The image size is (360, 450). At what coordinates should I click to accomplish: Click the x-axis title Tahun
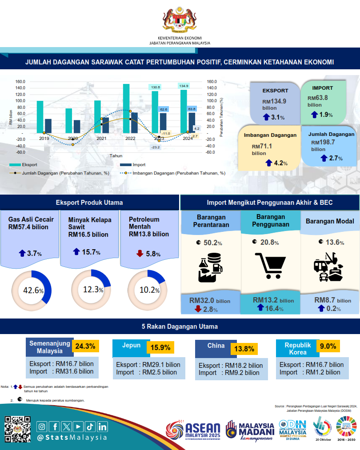click(x=116, y=156)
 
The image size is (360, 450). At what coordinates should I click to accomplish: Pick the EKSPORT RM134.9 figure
click(x=275, y=101)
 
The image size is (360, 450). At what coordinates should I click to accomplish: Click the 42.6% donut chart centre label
click(x=33, y=291)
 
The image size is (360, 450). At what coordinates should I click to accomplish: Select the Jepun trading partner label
click(x=131, y=345)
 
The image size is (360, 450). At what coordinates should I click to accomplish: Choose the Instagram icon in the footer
click(x=42, y=427)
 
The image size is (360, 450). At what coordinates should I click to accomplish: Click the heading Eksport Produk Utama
click(x=89, y=203)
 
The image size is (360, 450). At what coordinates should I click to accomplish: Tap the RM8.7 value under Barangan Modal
click(x=323, y=300)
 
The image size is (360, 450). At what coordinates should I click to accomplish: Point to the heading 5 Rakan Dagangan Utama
click(x=180, y=327)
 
